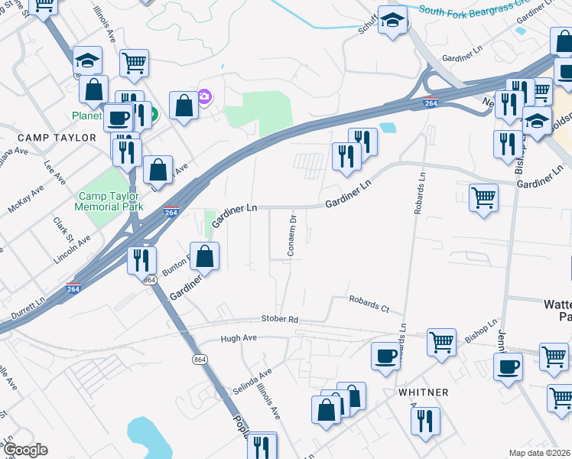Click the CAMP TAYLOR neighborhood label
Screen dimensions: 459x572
(x=58, y=138)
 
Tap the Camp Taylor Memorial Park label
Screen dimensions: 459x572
(x=111, y=201)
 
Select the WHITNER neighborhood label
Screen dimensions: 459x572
(x=423, y=392)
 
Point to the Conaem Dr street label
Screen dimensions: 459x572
(x=292, y=236)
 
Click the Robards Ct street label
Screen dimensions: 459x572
(x=369, y=304)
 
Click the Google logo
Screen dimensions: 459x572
(x=24, y=450)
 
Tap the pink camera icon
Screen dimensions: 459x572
(x=204, y=96)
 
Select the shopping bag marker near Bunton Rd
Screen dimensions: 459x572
(x=205, y=256)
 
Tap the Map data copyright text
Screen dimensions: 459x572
(x=540, y=453)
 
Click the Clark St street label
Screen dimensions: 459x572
(x=61, y=227)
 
